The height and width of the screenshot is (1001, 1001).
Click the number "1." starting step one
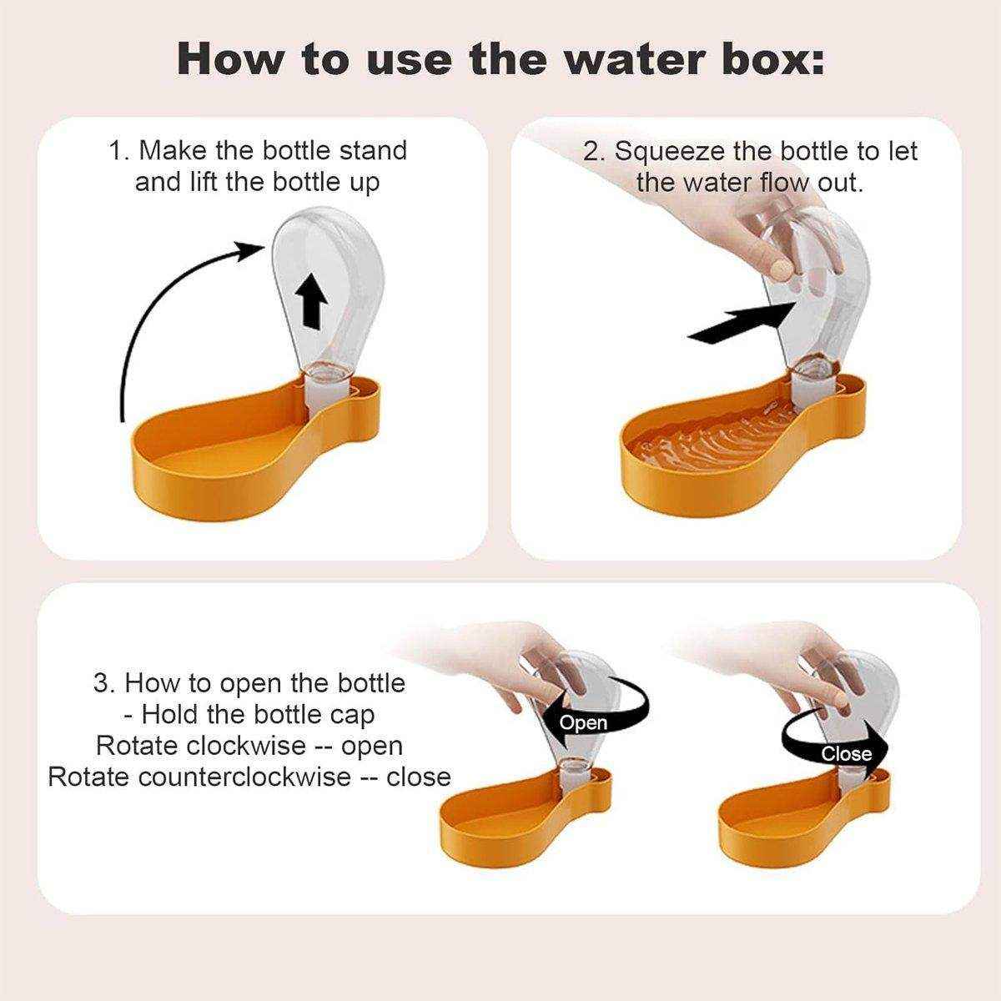pyautogui.click(x=119, y=151)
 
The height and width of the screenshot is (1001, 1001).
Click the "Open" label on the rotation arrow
pyautogui.click(x=583, y=722)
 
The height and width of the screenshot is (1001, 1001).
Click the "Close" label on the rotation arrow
pyautogui.click(x=846, y=754)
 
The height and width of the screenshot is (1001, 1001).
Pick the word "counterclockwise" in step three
pyautogui.click(x=244, y=777)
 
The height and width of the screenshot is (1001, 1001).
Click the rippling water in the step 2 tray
pyautogui.click(x=709, y=438)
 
